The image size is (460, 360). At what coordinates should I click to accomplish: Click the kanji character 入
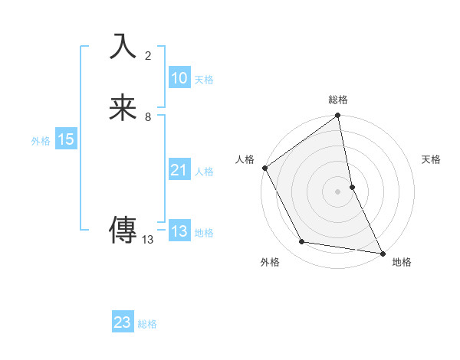coord(123,47)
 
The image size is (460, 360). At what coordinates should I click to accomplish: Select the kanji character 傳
coord(123,229)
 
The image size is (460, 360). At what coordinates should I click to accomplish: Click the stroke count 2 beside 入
coord(148,56)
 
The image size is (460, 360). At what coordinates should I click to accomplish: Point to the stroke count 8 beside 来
coord(148,117)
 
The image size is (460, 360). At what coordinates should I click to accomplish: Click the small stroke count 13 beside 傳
coord(148,240)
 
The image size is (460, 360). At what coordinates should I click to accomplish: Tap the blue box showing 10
coord(179,78)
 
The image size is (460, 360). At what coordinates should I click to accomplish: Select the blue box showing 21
coord(179,170)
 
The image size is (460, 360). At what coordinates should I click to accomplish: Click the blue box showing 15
coord(65,139)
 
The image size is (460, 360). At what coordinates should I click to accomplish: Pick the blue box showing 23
coord(123,322)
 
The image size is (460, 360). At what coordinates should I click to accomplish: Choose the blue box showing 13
coord(179,231)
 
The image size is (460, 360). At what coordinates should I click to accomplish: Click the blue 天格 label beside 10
coord(204,80)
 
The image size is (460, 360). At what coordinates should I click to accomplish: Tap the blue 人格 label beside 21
coord(204,172)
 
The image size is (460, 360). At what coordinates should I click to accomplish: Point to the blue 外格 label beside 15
coord(41,141)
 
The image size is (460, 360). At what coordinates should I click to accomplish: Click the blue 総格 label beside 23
coord(147,324)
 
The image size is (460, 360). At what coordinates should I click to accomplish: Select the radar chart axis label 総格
coord(338,100)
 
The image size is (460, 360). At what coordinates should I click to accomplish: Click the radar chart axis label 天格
coord(432,159)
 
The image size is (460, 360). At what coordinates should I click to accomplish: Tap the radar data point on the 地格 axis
coord(382,253)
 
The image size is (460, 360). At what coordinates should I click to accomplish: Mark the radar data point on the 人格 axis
coord(264,168)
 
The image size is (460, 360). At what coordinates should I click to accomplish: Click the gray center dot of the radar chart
coord(338,191)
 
